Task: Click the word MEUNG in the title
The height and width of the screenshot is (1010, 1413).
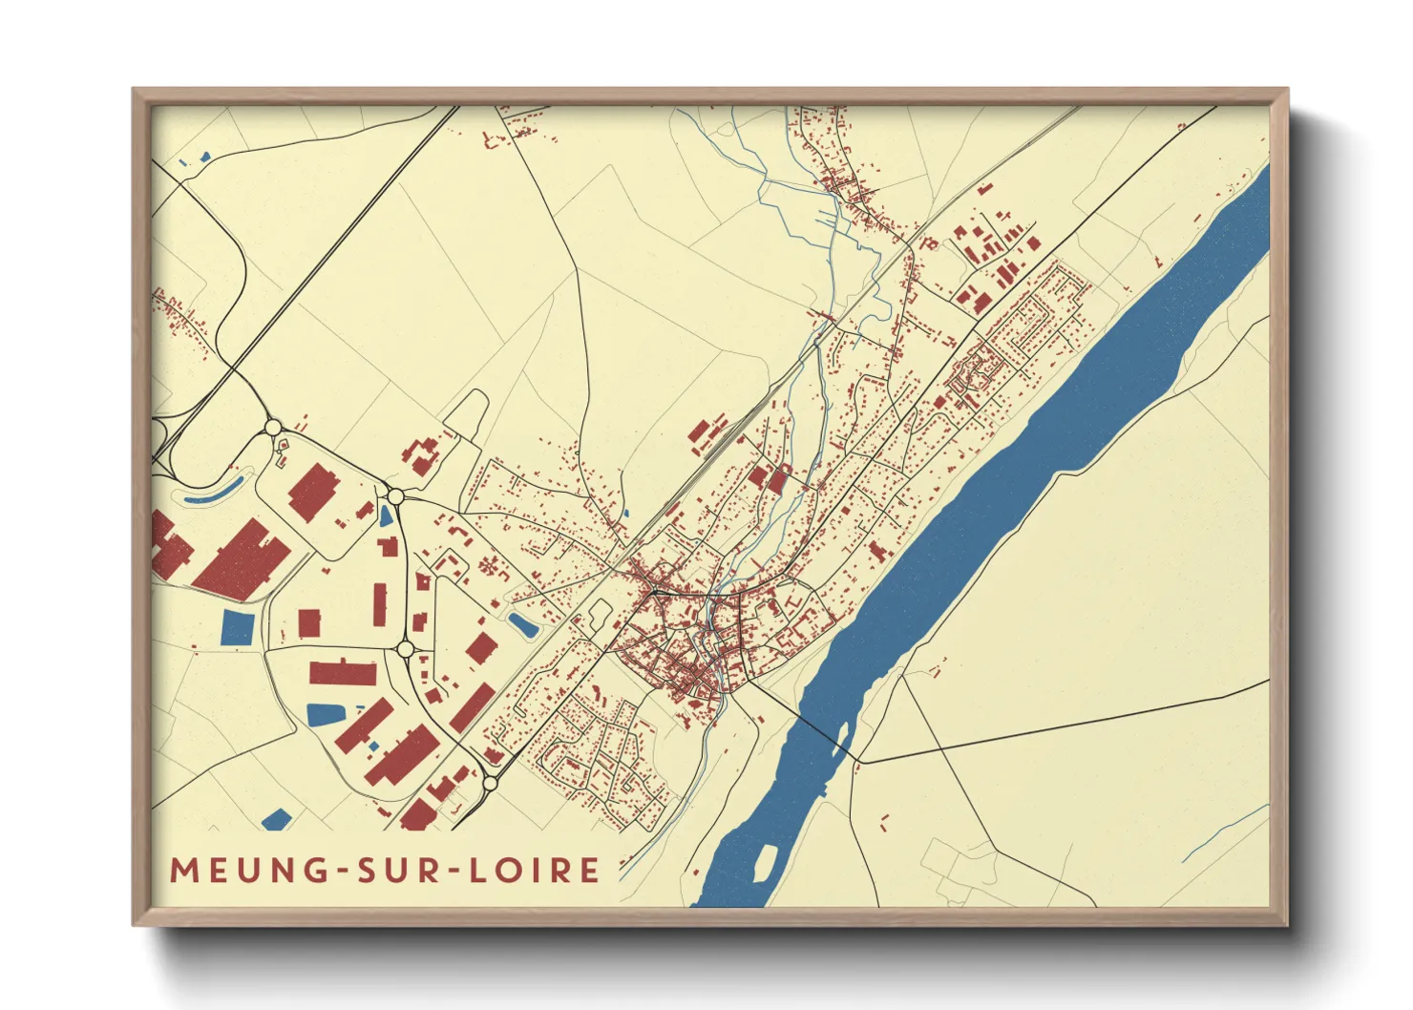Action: tap(244, 870)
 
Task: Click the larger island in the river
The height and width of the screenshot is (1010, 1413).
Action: tap(765, 862)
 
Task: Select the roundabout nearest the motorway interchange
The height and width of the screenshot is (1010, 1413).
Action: tap(273, 427)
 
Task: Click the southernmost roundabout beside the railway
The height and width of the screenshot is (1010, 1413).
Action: tap(490, 783)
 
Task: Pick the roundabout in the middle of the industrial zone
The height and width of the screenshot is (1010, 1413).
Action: tap(405, 649)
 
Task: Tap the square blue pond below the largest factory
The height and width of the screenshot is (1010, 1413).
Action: tap(238, 627)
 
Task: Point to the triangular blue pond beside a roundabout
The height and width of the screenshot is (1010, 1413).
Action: tap(386, 516)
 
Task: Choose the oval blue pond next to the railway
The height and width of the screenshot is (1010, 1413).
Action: tap(522, 625)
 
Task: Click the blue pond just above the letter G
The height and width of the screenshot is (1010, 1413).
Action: tap(276, 819)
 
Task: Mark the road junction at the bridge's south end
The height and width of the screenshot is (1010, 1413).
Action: tap(856, 762)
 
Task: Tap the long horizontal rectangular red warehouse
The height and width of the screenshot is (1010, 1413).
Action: tap(343, 672)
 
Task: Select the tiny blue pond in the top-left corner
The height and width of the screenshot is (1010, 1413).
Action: tap(204, 158)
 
